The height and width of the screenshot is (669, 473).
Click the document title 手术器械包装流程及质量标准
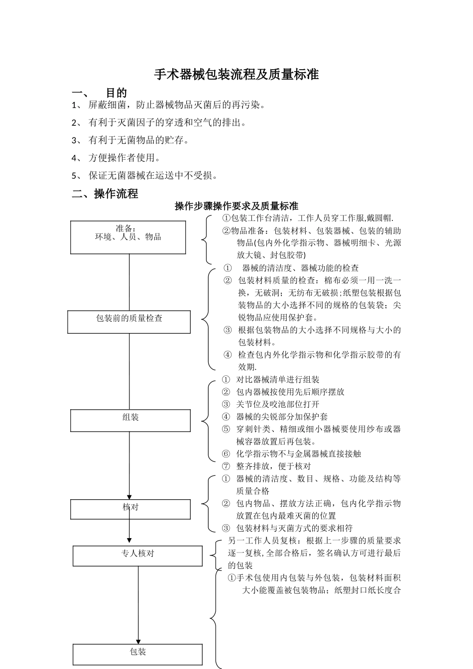coord(236,75)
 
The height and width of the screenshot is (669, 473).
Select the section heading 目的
coord(117,93)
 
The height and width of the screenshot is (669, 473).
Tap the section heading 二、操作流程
coord(105,194)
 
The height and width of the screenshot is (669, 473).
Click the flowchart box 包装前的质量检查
coord(129,322)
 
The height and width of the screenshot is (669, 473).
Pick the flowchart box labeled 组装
coord(130,420)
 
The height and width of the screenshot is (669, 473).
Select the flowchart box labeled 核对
coord(130,509)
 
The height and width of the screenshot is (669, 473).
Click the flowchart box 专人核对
coord(137,556)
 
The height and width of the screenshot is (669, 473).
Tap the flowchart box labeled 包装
coord(137,654)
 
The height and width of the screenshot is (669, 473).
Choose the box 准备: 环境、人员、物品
coord(128,237)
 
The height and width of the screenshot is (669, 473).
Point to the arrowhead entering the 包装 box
coord(138,641)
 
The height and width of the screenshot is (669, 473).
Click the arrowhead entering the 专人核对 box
coord(129,540)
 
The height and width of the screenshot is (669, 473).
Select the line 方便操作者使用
coord(124,158)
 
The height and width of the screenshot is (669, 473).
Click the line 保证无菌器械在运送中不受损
coord(153,175)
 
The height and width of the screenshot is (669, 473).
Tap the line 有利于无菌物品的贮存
coord(138,140)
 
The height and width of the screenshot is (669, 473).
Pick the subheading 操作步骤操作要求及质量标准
coord(236,206)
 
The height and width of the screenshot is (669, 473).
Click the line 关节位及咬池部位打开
coord(277,404)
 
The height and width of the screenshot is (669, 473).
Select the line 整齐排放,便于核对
coord(273,466)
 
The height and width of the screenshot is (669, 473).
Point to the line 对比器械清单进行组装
coord(277,380)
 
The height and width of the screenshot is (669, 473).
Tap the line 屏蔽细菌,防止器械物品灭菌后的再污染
coord(177,105)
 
